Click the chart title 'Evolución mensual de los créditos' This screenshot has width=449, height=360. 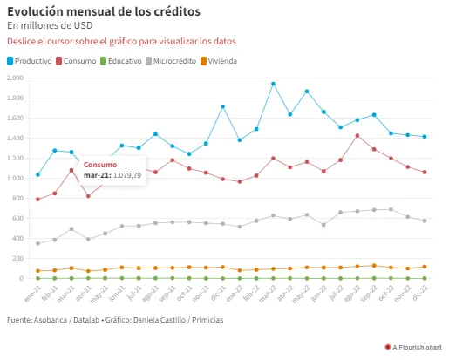coord(104,12)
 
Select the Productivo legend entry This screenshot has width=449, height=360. coord(30,61)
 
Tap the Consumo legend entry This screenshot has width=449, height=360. coord(76,61)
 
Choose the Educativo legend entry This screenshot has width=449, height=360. coord(121,61)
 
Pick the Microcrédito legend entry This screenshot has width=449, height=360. coord(171,61)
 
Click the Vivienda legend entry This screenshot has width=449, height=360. coord(219,61)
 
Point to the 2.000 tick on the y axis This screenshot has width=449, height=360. coord(15,78)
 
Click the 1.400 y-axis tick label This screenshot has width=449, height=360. coord(15,138)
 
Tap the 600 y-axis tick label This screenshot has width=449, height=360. coord(17,218)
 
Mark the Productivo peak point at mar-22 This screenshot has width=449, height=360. coord(273,84)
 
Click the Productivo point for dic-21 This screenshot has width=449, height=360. coord(223,106)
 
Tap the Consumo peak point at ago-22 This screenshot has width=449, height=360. coord(357,136)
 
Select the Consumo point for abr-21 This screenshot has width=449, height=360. coord(88,196)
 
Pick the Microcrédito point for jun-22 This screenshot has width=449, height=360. coord(323,225)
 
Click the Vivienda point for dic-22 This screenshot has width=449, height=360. coord(425,267)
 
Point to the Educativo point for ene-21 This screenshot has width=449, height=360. coord(37,278)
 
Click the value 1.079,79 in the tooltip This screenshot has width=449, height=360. coord(127,175)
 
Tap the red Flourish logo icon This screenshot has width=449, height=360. coord(388,347)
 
